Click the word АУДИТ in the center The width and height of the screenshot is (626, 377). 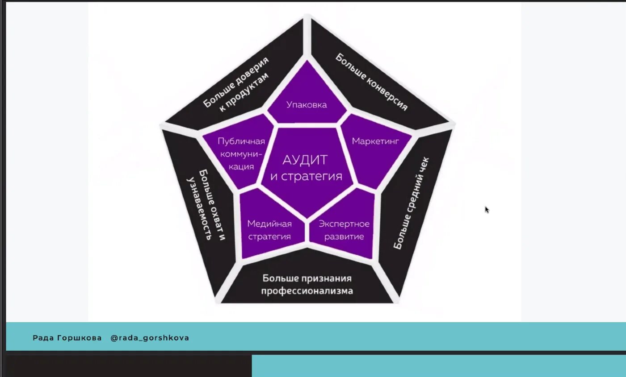305,160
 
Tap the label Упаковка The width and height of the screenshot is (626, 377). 307,105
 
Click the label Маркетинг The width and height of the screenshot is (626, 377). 375,141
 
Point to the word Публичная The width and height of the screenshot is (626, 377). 241,141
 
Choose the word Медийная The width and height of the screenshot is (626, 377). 269,224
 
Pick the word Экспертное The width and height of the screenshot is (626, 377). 344,224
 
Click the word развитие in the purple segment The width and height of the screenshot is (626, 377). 344,237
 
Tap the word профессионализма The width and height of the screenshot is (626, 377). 307,291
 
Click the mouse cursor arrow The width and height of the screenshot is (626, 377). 486,209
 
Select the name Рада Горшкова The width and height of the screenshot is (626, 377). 67,338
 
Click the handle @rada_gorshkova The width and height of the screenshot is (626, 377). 150,338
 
